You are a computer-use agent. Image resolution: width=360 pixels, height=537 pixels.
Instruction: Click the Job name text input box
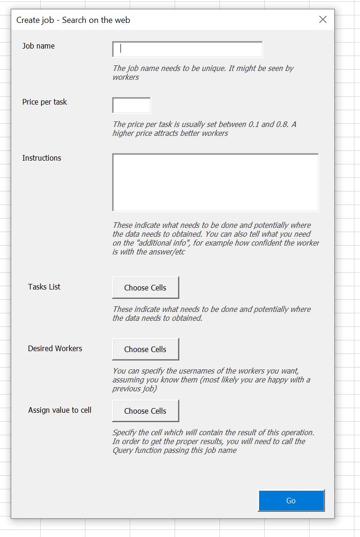(x=187, y=49)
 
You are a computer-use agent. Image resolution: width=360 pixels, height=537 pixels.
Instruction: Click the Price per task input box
(x=131, y=105)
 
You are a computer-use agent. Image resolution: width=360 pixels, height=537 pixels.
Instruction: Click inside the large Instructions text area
(x=215, y=182)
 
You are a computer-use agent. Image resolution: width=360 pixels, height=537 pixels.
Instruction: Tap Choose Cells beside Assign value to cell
(x=145, y=411)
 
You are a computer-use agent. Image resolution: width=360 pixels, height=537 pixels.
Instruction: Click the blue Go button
(x=291, y=501)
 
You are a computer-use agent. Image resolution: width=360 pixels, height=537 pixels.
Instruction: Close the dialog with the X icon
(x=323, y=20)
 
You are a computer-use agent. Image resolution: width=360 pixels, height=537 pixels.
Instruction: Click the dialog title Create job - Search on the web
(x=73, y=20)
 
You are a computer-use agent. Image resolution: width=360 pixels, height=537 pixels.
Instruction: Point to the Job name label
(x=38, y=46)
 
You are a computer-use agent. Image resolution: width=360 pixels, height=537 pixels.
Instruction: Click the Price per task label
(x=44, y=102)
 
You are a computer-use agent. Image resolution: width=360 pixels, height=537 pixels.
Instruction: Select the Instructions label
(x=42, y=158)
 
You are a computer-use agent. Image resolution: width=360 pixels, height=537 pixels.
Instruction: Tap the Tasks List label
(x=44, y=287)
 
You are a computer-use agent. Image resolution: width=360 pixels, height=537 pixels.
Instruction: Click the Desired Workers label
(x=55, y=348)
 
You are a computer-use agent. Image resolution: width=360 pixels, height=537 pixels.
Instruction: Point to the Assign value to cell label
(x=60, y=410)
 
